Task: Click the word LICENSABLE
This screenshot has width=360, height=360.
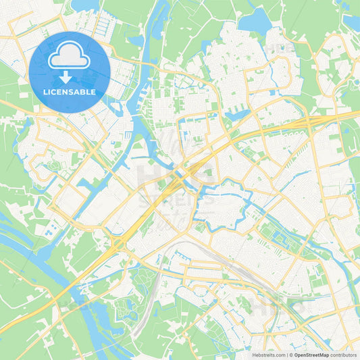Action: (70, 92)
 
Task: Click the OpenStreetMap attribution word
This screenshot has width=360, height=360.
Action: (311, 354)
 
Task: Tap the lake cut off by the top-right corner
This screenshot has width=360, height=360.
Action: (351, 20)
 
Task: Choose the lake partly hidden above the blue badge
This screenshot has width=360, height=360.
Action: (85, 5)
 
